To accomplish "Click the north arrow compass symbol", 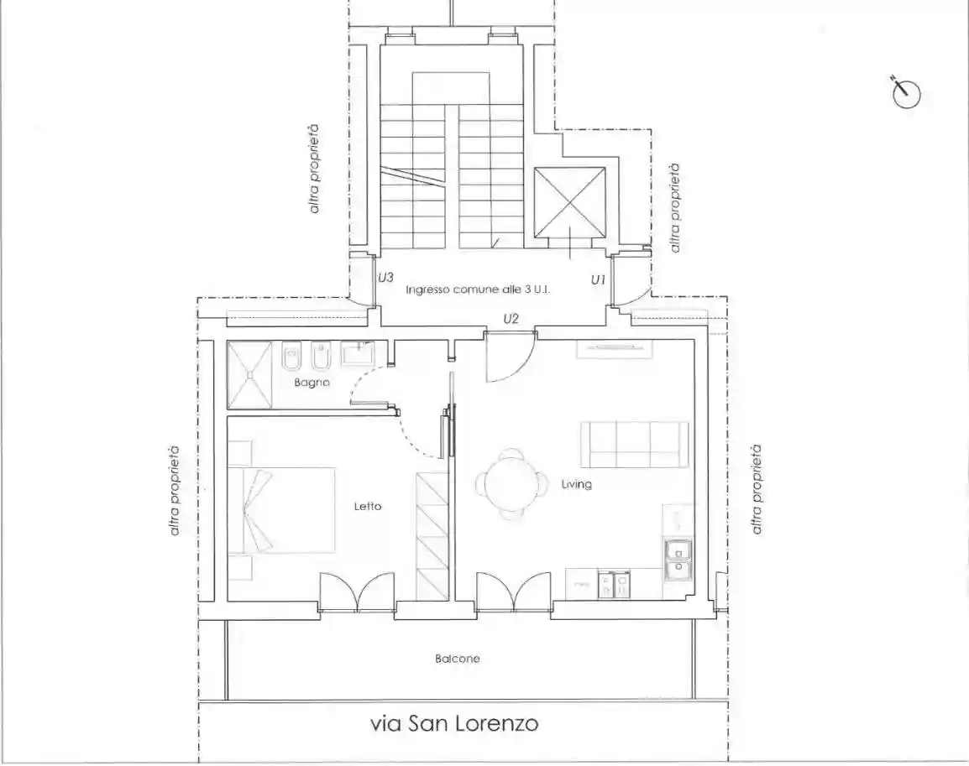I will coord(906,93).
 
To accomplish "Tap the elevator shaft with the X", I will coord(569,201).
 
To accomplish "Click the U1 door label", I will coord(598,279).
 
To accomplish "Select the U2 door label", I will coord(511,319).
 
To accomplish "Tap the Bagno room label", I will coord(312,383).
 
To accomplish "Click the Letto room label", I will coord(368,506).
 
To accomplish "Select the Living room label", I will coord(576,484).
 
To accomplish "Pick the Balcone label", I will coord(458,659).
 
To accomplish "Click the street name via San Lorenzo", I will coord(454,723).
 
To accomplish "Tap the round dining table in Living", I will coord(508,484).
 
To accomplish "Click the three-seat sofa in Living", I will coord(634,444).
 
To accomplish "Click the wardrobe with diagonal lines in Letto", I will coord(432,536).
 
